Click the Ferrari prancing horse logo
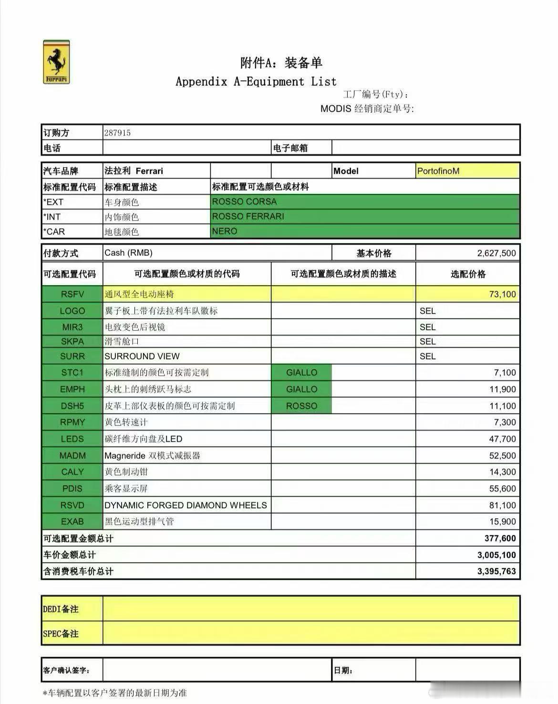[x=56, y=62]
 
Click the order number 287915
[x=117, y=133]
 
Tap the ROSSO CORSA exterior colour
[x=244, y=202]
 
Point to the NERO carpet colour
[x=225, y=231]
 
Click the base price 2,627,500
[x=496, y=253]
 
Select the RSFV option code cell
[x=72, y=294]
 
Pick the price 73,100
[x=502, y=294]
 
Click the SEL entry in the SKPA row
[x=427, y=341]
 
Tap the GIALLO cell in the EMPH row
[x=301, y=389]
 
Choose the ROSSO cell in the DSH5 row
[x=301, y=406]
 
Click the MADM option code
[x=72, y=456]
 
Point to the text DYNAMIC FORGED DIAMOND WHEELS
[x=186, y=505]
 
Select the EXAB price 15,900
[x=502, y=522]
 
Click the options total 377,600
[x=500, y=538]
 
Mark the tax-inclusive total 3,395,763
[x=496, y=571]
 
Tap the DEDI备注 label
[x=61, y=609]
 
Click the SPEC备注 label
[x=61, y=634]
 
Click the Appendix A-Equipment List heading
[x=256, y=81]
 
